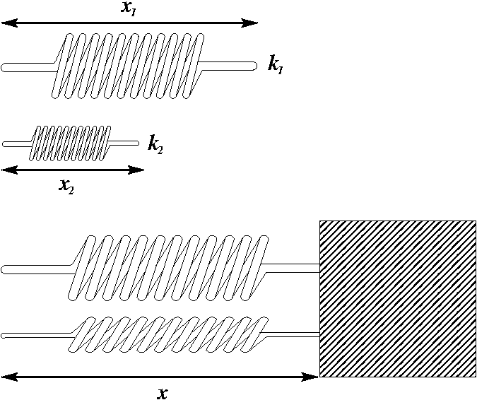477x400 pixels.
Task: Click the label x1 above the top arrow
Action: [x=129, y=8]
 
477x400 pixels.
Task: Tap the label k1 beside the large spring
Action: [x=276, y=65]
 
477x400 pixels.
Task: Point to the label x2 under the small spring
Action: [x=67, y=186]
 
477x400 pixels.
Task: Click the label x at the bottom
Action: [x=163, y=394]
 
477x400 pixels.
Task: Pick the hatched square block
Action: [x=397, y=298]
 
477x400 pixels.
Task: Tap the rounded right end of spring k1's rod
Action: [x=252, y=66]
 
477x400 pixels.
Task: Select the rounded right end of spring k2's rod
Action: [x=136, y=143]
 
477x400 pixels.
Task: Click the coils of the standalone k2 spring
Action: [x=69, y=143]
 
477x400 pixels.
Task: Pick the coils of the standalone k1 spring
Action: [x=127, y=65]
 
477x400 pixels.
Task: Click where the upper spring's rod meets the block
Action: [x=319, y=268]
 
